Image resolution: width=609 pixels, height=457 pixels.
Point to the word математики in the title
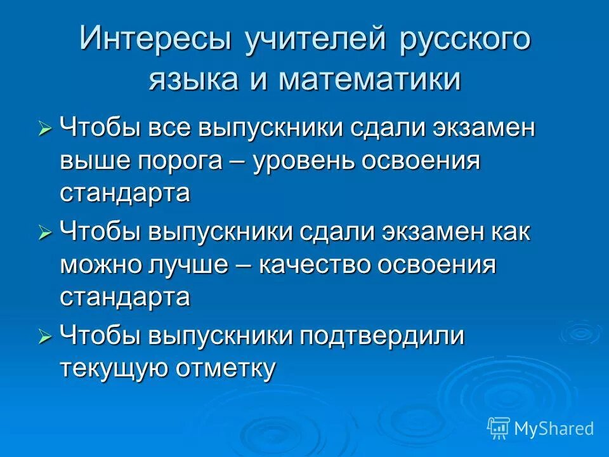pos(370,81)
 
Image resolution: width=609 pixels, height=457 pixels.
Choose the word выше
pos(95,161)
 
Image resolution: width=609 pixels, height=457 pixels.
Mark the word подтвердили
pos(383,337)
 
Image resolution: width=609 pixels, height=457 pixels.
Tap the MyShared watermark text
pos(554,428)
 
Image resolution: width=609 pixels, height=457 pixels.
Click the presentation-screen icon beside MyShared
pos(498,428)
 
